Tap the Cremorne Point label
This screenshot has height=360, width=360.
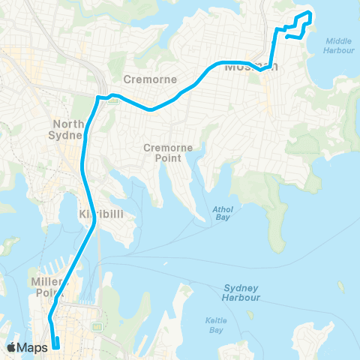click(163, 153)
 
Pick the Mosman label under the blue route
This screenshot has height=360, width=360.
click(251, 67)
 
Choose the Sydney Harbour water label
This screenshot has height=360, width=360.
click(241, 292)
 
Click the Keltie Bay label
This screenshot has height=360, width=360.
click(215, 324)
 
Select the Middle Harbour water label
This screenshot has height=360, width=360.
click(339, 46)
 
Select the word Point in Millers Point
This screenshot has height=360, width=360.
click(46, 293)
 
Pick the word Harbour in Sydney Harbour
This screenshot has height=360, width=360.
click(241, 298)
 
